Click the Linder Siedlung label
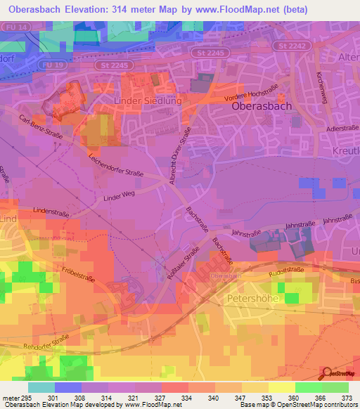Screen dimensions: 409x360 click(x=148, y=101)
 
